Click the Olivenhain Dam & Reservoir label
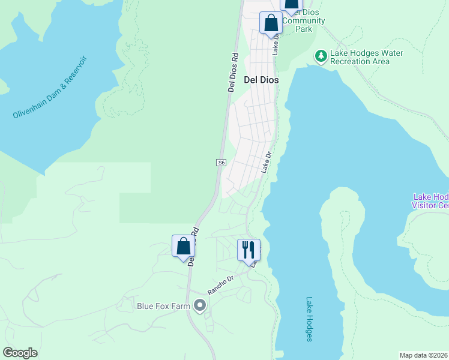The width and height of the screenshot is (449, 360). pyautogui.click(x=50, y=88)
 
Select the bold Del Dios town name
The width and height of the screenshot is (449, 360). pyautogui.click(x=261, y=79)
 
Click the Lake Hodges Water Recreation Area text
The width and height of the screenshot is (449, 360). pyautogui.click(x=366, y=57)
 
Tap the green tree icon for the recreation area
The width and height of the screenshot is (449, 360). pyautogui.click(x=321, y=56)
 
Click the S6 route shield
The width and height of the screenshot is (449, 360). pyautogui.click(x=221, y=163)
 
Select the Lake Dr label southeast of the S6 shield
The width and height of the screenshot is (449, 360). pyautogui.click(x=267, y=163)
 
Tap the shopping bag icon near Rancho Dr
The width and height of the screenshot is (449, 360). pyautogui.click(x=183, y=246)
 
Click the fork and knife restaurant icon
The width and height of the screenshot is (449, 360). pyautogui.click(x=249, y=249)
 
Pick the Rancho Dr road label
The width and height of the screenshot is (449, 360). pyautogui.click(x=220, y=284)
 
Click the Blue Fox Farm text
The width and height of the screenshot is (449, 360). pyautogui.click(x=163, y=306)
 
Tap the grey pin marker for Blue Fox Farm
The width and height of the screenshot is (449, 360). pyautogui.click(x=200, y=307)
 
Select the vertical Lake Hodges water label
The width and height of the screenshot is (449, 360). pyautogui.click(x=309, y=319)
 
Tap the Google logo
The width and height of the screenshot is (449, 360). pyautogui.click(x=20, y=352)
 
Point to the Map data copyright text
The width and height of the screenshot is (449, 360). pyautogui.click(x=424, y=355)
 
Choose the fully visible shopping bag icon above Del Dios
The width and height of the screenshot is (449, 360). pyautogui.click(x=271, y=23)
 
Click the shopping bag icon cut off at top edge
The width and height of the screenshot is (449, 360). pyautogui.click(x=291, y=5)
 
